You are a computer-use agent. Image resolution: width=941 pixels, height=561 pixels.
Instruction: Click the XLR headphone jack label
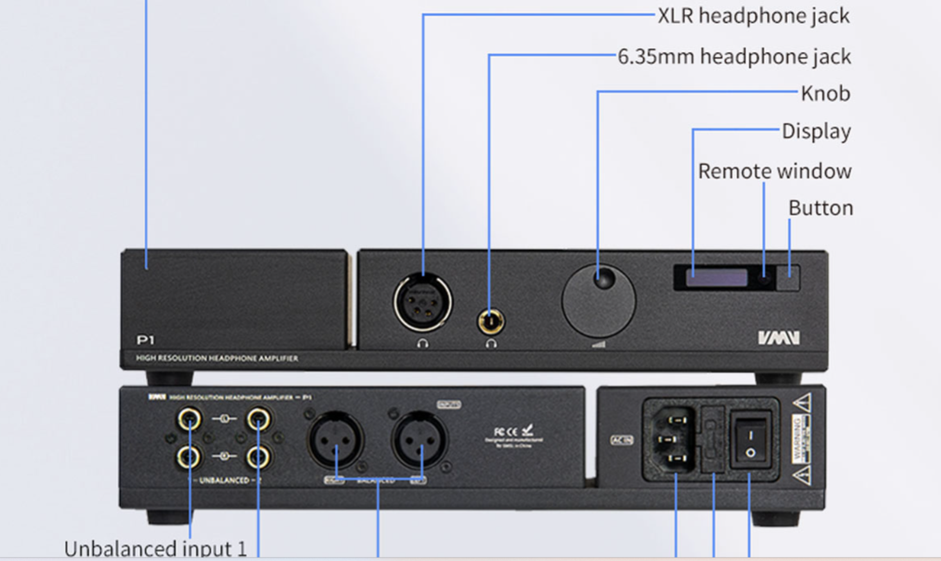pos(753,15)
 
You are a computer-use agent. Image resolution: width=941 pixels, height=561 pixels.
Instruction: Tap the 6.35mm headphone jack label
pos(734,57)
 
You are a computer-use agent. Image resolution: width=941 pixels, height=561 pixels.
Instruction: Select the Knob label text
pos(825,94)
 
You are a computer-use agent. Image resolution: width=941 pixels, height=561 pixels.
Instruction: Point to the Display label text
pos(816,131)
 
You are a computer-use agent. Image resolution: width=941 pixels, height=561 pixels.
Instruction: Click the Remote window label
pos(775,171)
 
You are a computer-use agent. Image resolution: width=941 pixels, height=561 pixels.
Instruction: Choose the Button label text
pos(820,208)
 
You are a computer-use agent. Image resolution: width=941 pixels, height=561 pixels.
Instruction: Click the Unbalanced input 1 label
pos(155,549)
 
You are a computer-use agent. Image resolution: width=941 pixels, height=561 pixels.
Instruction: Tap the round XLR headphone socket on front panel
pos(423,302)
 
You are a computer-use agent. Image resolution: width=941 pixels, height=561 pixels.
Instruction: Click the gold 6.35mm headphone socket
pos(491,321)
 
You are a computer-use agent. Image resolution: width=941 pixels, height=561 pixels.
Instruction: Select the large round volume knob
pos(599,301)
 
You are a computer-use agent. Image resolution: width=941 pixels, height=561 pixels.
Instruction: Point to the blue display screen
pos(716,278)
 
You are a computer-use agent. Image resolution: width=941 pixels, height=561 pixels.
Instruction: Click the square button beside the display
pos(788,278)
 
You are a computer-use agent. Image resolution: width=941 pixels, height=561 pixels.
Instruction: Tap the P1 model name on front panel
pos(146,340)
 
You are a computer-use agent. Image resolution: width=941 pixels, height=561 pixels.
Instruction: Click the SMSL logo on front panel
pos(778,337)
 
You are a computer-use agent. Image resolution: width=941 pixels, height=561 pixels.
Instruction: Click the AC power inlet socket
pos(669,440)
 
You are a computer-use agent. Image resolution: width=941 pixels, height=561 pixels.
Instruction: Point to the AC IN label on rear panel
pos(621,440)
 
